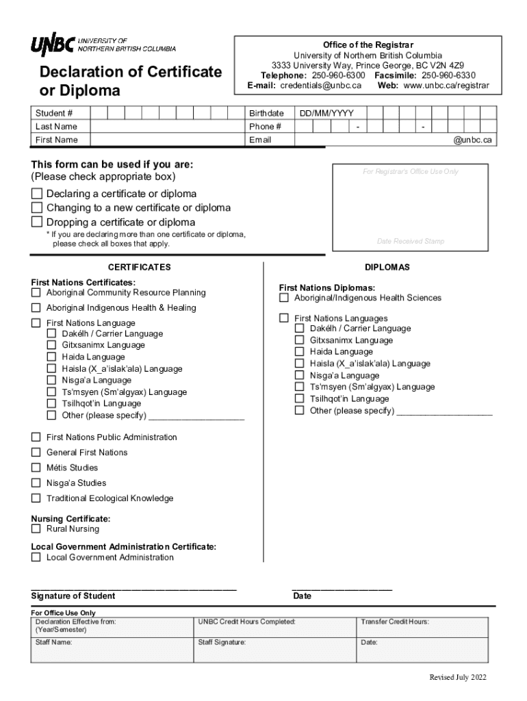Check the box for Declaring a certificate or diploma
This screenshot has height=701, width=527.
pos(37,194)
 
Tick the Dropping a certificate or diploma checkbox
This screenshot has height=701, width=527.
pos(37,222)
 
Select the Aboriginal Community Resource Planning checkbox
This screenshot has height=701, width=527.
pos(36,293)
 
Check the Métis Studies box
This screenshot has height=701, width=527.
pos(36,468)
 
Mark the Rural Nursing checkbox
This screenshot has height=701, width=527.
pos(36,529)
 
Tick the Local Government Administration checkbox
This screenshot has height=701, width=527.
pos(36,557)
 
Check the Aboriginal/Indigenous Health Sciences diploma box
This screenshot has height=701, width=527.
pos(284,298)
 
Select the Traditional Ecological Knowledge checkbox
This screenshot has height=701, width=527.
pos(36,498)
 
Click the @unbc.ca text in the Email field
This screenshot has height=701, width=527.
pos(472,140)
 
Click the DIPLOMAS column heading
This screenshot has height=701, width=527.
pos(387,268)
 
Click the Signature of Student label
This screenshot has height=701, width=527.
pos(73,596)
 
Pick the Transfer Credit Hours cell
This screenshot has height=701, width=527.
pos(422,627)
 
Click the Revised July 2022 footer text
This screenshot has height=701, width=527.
pos(458,678)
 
